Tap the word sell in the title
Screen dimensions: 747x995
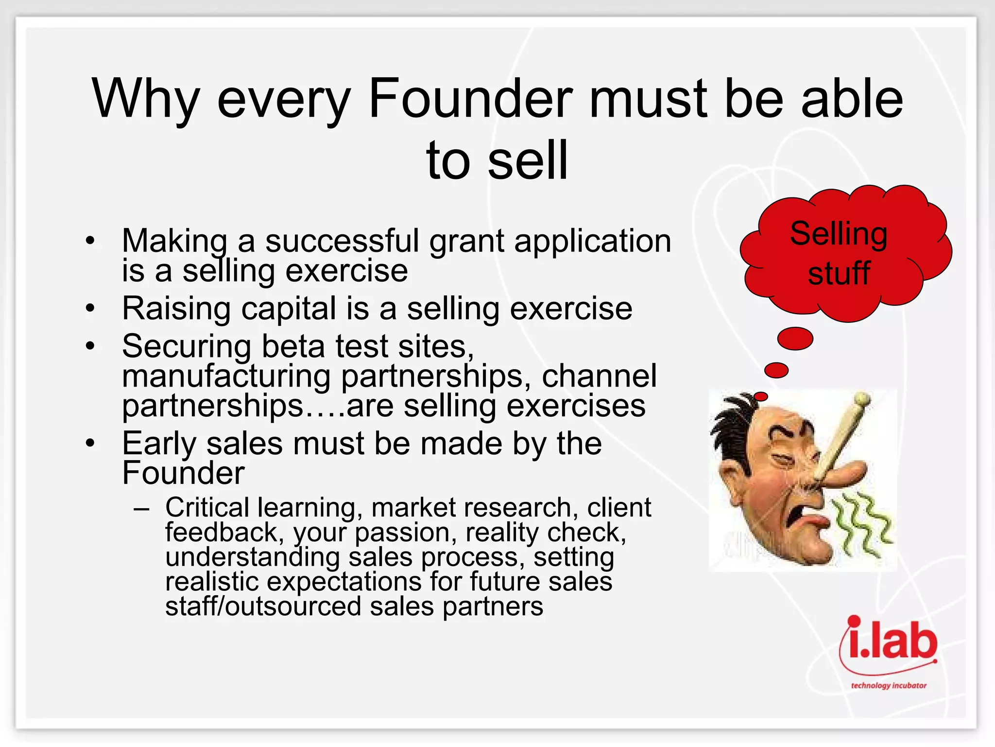(528, 160)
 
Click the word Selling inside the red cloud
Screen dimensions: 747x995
(839, 234)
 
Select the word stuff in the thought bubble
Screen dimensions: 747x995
(839, 273)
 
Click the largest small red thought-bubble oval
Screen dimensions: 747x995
(795, 338)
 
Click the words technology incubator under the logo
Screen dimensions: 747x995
(889, 685)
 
